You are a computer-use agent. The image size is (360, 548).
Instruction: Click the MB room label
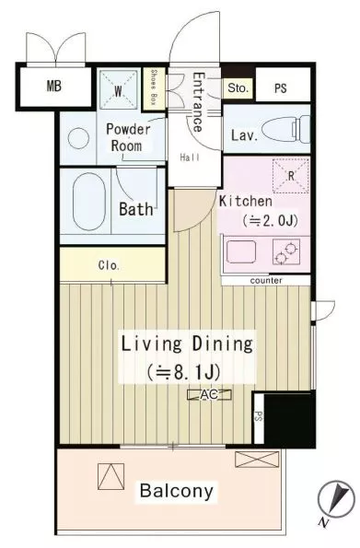point(54,86)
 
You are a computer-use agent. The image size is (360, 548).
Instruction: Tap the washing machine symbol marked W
point(118,89)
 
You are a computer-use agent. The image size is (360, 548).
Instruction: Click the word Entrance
point(197,101)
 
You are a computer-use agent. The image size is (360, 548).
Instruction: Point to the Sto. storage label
point(238,87)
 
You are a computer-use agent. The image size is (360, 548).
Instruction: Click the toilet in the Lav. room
point(285,130)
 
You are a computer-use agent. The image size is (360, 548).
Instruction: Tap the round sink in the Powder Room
point(78,138)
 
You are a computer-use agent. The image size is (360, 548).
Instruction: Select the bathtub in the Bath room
point(88,202)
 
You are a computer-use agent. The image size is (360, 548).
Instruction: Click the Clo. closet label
point(109,265)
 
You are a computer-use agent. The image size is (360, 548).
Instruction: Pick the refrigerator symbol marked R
point(291,176)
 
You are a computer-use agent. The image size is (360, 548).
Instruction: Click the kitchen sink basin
point(241,251)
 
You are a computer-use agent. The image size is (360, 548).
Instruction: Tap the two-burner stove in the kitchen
point(286,252)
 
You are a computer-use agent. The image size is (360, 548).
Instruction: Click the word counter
point(266,281)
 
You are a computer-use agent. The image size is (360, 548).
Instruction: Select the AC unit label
point(209,394)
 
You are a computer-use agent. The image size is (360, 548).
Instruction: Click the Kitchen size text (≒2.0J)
point(270,220)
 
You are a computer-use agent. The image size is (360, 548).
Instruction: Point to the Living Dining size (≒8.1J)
point(183,373)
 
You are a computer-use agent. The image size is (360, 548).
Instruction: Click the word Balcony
point(177,491)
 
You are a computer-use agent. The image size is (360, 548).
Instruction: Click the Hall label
point(190,157)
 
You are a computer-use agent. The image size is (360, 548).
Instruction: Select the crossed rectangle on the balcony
point(257,460)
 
